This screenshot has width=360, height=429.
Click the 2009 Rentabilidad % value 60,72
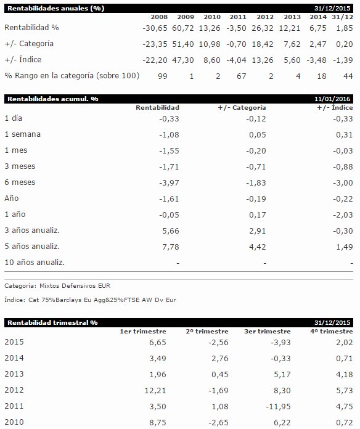[182, 28]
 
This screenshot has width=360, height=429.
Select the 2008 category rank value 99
[163, 76]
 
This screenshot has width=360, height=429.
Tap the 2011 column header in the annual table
[238, 17]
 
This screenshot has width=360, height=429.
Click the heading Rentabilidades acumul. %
[53, 99]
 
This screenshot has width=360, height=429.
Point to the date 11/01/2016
[332, 99]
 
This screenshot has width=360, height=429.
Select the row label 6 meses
[20, 182]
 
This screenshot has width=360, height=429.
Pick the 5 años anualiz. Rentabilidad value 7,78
[171, 247]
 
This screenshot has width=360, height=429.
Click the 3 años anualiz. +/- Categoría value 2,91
[258, 231]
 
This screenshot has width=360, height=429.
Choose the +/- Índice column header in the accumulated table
[335, 107]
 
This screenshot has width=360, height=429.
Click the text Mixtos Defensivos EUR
[75, 286]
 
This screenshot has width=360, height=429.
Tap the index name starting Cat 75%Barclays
[102, 300]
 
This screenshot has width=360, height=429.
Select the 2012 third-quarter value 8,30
[282, 390]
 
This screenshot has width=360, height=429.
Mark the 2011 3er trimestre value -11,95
[278, 407]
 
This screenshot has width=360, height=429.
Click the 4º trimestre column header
[332, 332]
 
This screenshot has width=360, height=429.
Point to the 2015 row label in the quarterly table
[14, 342]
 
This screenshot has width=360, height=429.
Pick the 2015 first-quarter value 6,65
[158, 343]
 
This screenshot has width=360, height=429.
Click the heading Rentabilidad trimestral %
[52, 322]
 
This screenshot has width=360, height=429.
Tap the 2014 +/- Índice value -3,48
[316, 60]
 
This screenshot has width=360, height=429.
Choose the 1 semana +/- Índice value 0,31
[345, 135]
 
